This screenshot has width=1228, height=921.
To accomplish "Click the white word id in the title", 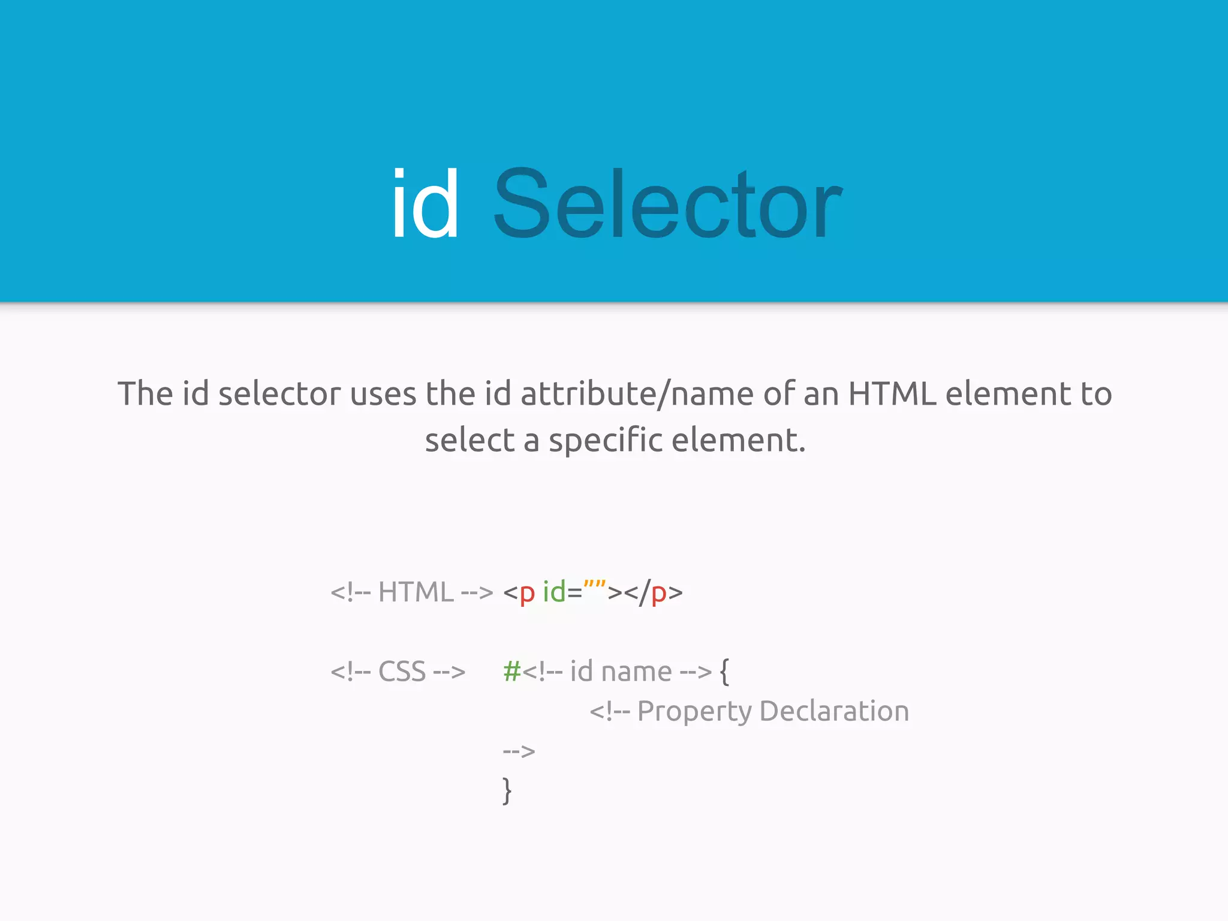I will point(425,204).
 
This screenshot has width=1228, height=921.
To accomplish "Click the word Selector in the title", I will point(667,204).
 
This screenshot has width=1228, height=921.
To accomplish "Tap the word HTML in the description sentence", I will point(892,394).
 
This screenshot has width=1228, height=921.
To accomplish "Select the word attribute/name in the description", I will point(637,394).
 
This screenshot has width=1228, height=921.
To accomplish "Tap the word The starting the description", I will point(145,394).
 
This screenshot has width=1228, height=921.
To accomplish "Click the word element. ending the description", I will point(739,441).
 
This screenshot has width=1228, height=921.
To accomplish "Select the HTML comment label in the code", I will point(411,592).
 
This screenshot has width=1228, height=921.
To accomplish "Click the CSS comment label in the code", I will point(398,672).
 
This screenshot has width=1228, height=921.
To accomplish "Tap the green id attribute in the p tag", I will point(554,592).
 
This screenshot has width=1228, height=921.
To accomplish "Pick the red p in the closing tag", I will point(658,594).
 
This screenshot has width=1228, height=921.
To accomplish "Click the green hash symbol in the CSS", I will point(512,672).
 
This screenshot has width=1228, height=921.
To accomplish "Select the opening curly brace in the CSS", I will point(724,672).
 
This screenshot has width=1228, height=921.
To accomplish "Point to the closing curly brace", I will point(507,790).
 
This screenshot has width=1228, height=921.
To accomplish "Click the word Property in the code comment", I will point(694,712).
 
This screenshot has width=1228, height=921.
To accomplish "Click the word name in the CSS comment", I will point(636,672).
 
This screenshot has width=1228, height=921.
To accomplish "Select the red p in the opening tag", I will point(526,594).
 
